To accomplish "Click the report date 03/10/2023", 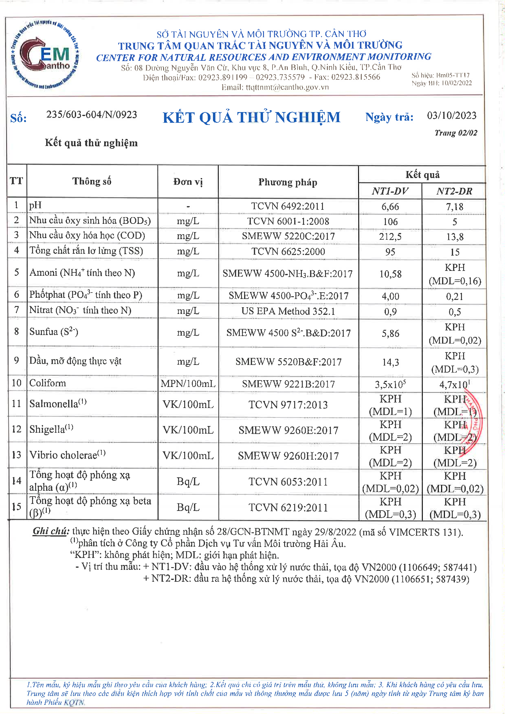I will (x=452, y=116).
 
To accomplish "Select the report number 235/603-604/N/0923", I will (x=91, y=115).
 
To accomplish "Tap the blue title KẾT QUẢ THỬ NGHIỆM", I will (x=251, y=118).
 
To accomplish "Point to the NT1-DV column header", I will (x=390, y=191).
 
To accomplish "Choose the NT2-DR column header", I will (x=454, y=191).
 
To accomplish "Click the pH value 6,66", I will (x=390, y=207).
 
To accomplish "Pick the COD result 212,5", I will (x=390, y=237).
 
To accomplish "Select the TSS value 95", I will (x=390, y=252).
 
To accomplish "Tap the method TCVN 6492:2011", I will (x=288, y=206).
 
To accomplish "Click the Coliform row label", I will (x=48, y=383).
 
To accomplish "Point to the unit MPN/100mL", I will (x=188, y=384).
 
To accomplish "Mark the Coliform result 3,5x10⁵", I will (x=390, y=384).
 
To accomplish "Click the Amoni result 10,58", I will (x=390, y=274).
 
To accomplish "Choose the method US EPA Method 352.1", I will (x=288, y=311).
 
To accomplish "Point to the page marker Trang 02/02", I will (x=456, y=133).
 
